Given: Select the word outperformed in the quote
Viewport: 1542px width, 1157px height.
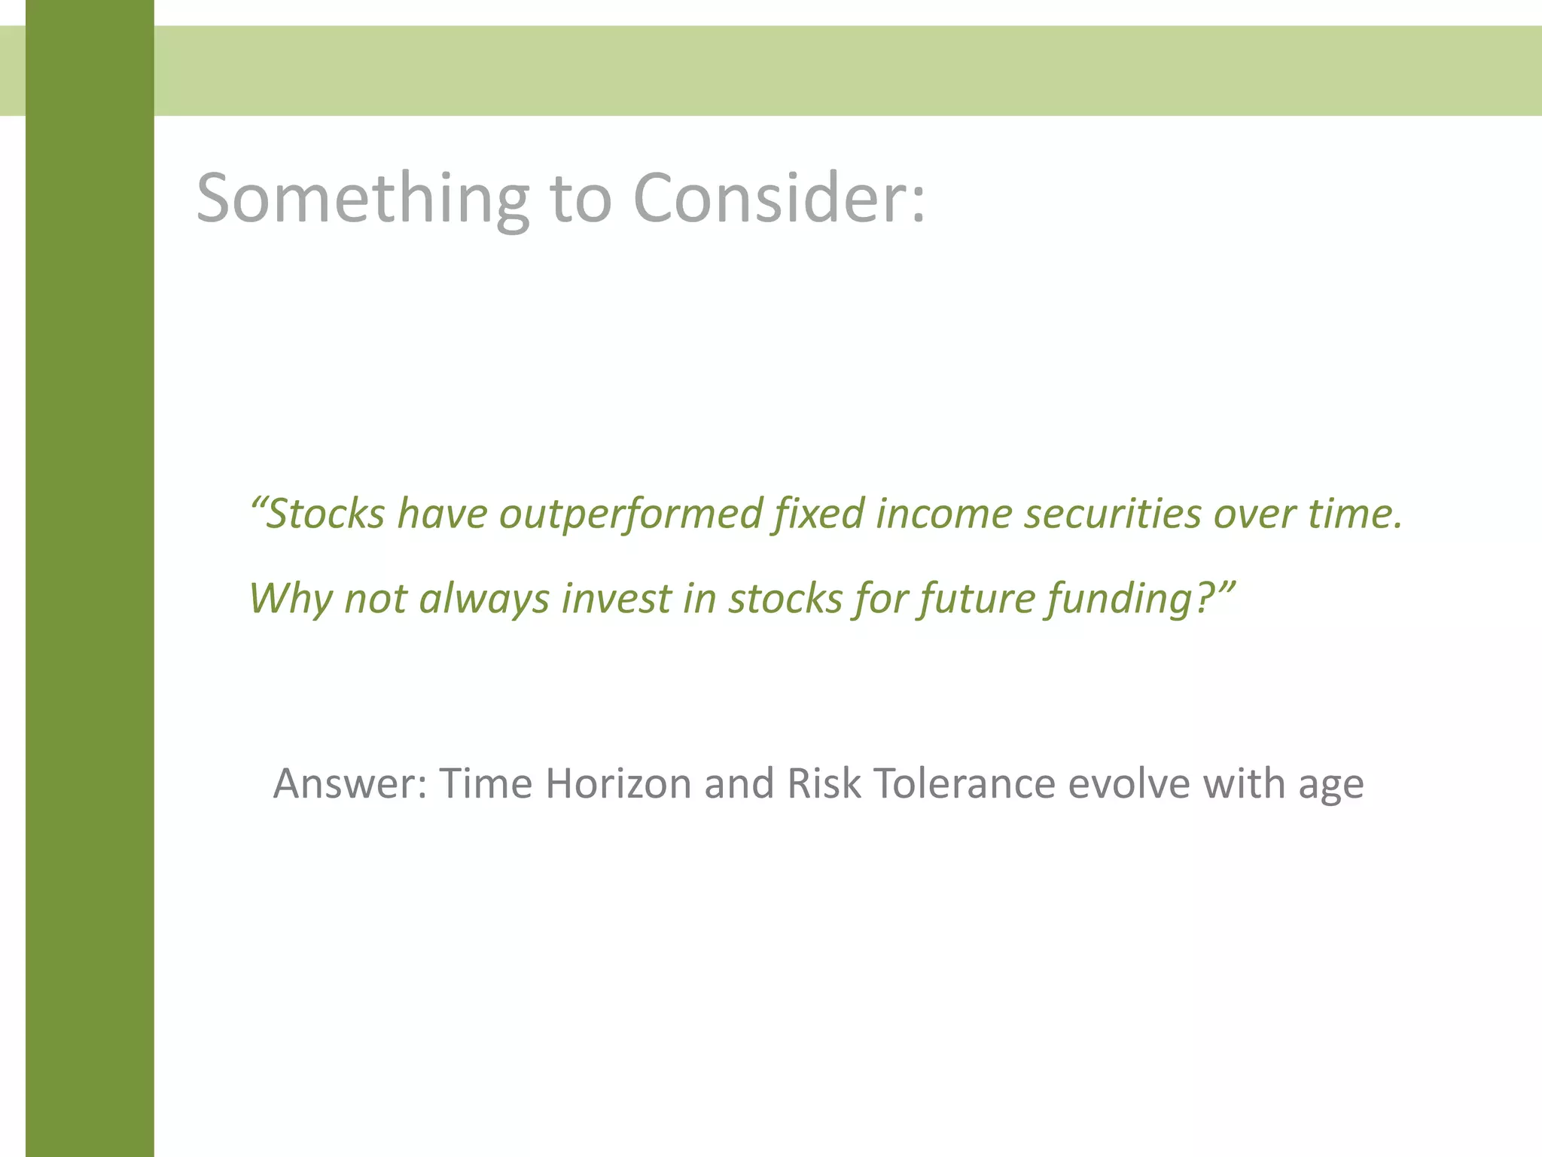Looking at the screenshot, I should click(x=631, y=514).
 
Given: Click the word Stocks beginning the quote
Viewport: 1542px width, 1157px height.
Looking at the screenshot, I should click(x=325, y=514).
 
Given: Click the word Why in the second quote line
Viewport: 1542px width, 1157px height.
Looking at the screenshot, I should click(x=291, y=599).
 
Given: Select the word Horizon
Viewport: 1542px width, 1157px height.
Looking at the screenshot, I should click(x=618, y=783).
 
